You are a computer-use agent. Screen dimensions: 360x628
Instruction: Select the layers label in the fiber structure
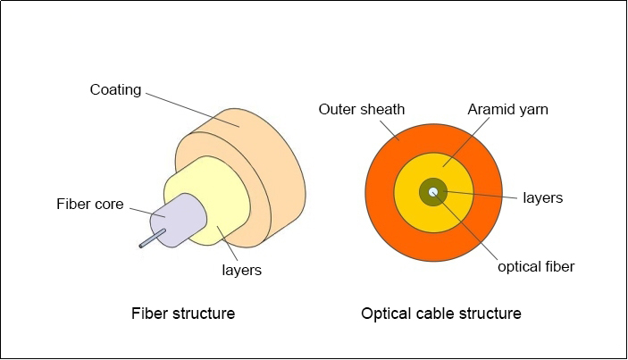coord(241,269)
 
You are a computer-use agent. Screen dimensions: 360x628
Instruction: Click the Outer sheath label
coord(362,110)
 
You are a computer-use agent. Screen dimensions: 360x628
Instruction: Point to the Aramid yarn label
coord(507,110)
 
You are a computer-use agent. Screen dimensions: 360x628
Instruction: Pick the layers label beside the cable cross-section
coord(542,197)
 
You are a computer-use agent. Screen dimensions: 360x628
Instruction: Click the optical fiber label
coord(536,266)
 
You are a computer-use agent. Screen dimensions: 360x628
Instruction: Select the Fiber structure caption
coord(183,314)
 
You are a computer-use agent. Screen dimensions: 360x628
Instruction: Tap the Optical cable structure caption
coord(441,314)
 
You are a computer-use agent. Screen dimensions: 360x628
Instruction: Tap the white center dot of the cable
coord(433,191)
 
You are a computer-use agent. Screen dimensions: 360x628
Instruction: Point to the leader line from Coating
coord(192,109)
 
